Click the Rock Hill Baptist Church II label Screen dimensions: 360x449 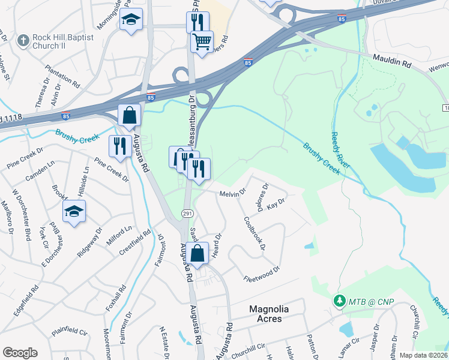click(x=62, y=42)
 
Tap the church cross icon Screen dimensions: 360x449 click(x=23, y=41)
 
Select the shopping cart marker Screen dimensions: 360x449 click(x=202, y=42)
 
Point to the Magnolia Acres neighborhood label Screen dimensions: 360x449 click(x=269, y=314)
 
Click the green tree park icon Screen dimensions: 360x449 click(x=339, y=299)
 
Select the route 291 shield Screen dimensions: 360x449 click(x=187, y=214)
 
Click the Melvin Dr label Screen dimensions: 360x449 click(x=233, y=193)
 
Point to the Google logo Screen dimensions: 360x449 click(x=20, y=353)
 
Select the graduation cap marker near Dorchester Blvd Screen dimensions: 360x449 click(x=74, y=212)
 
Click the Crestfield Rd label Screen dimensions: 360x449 click(x=134, y=243)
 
